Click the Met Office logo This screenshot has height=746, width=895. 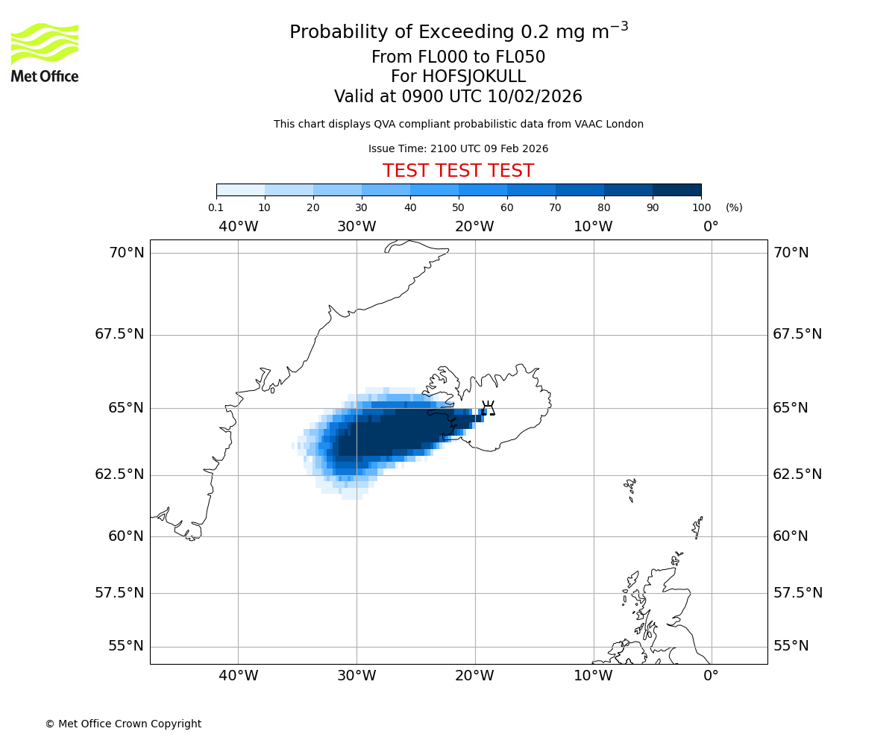[45, 52]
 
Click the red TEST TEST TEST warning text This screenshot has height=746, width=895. [458, 172]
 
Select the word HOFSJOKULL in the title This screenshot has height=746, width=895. [474, 77]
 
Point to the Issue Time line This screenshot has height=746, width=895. [458, 149]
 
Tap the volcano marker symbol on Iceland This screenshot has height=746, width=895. [488, 408]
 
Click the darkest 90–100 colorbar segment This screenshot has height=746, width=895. [676, 190]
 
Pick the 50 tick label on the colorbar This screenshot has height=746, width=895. [458, 208]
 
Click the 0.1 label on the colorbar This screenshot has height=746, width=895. [216, 208]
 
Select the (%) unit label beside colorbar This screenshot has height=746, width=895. [734, 208]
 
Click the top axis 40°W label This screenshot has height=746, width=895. [238, 227]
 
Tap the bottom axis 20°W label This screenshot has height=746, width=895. [474, 677]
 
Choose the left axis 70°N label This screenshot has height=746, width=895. [126, 253]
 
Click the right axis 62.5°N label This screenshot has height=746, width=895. [797, 474]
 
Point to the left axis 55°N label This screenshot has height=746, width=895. [126, 646]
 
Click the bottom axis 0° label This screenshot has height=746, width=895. [711, 677]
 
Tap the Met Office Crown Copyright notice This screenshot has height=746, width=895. [123, 724]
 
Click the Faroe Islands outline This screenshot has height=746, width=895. [631, 489]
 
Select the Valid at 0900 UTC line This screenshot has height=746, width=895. [458, 97]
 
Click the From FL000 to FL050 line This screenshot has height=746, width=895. [458, 57]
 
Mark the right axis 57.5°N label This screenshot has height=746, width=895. [797, 593]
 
